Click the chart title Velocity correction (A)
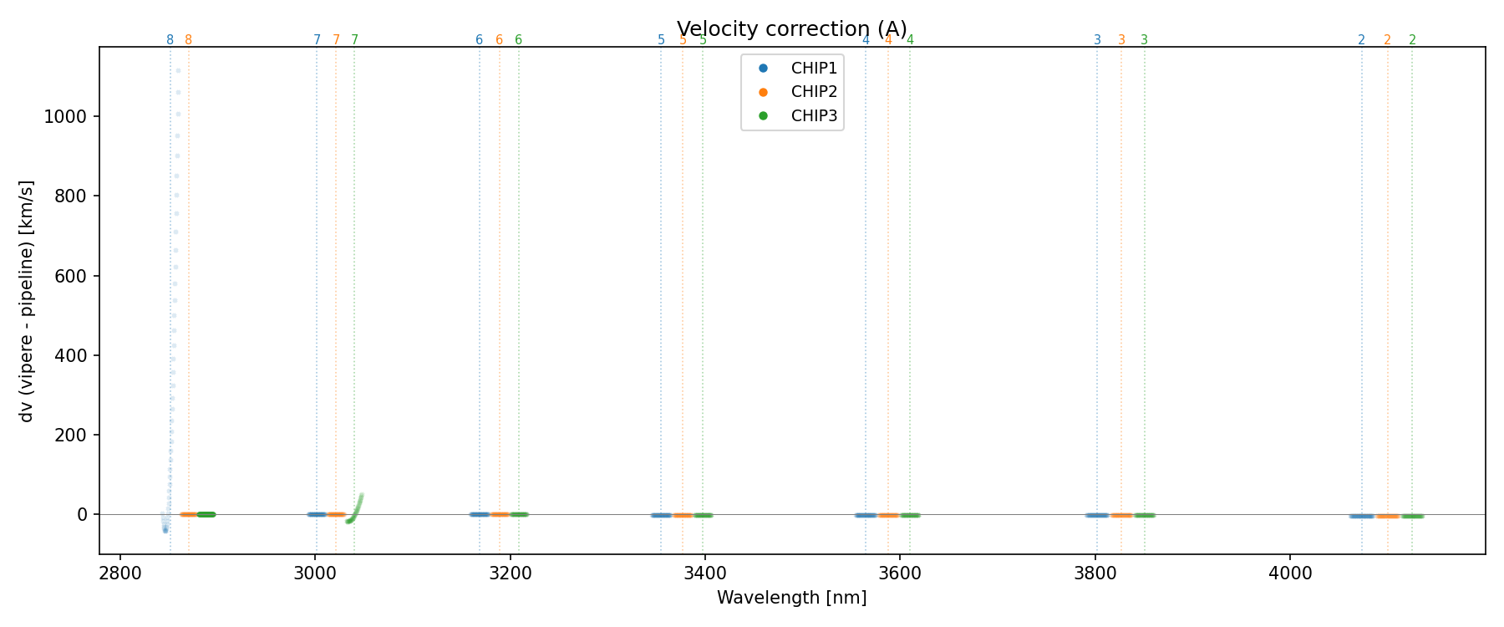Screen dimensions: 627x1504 pyautogui.click(x=791, y=29)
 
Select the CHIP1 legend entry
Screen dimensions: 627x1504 pyautogui.click(x=813, y=69)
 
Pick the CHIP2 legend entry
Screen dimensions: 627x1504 pyautogui.click(x=813, y=92)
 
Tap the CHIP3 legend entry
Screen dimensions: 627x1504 pyautogui.click(x=813, y=116)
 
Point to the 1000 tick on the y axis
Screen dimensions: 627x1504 pyautogui.click(x=65, y=116)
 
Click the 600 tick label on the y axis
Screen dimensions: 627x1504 pyautogui.click(x=70, y=276)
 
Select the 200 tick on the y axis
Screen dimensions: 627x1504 pyautogui.click(x=70, y=435)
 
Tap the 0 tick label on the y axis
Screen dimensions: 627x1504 pyautogui.click(x=82, y=515)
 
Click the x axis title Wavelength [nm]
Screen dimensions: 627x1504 pyautogui.click(x=791, y=598)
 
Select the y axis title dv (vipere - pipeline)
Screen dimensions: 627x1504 pyautogui.click(x=27, y=300)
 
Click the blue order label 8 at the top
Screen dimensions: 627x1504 pyautogui.click(x=170, y=40)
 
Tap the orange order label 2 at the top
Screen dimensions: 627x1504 pyautogui.click(x=1387, y=40)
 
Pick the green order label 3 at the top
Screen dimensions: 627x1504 pyautogui.click(x=1144, y=40)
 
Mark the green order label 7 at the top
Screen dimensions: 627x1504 pyautogui.click(x=354, y=40)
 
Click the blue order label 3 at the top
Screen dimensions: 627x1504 pyautogui.click(x=1097, y=40)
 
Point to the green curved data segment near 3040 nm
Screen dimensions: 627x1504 pyautogui.click(x=355, y=510)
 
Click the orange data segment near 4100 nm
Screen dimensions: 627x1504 pyautogui.click(x=1388, y=516)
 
